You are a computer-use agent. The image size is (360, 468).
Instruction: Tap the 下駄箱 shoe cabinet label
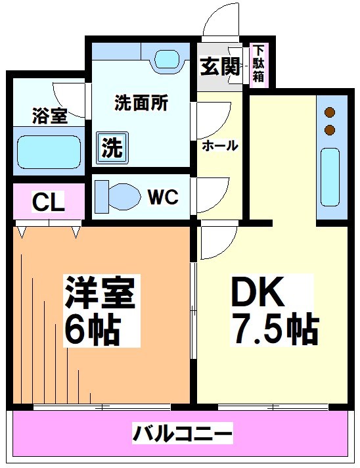[x=259, y=63]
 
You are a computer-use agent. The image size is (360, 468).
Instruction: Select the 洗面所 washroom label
[x=141, y=103]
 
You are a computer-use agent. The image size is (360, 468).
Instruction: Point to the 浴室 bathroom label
[x=49, y=117]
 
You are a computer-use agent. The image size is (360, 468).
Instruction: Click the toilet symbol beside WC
[x=118, y=195]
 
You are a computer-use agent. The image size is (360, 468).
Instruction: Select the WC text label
[x=163, y=197]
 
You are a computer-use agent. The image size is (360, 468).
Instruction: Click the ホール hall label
[x=219, y=145]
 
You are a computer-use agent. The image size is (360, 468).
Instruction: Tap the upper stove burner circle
[x=330, y=112]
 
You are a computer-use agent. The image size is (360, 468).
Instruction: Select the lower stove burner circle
[x=330, y=129]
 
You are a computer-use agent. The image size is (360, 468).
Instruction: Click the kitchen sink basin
[x=330, y=177]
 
